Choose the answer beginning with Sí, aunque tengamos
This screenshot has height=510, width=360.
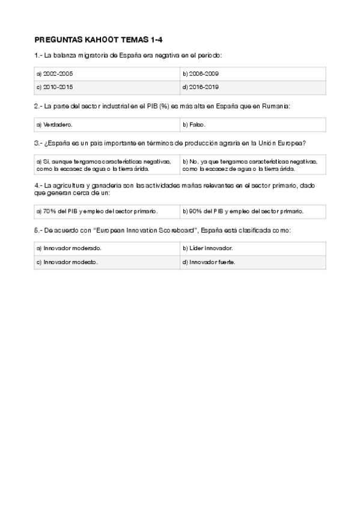click(107, 165)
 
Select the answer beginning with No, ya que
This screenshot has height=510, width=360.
click(252, 165)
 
